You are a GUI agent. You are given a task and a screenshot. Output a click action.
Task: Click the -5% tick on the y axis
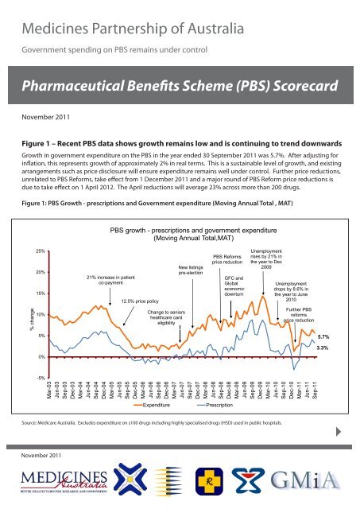(x=40, y=379)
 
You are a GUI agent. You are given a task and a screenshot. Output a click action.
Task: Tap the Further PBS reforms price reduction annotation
(x=300, y=314)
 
